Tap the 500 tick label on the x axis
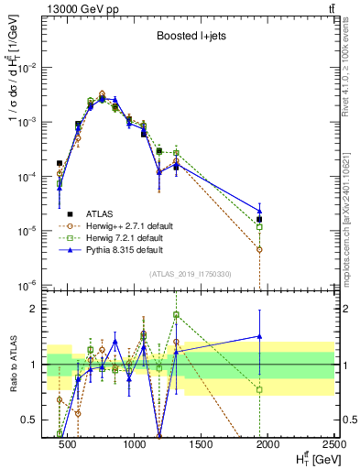[x=68, y=444]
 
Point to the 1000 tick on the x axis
[x=134, y=444]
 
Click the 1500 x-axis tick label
[x=201, y=444]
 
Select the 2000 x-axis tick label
[x=267, y=444]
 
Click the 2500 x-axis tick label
[x=333, y=444]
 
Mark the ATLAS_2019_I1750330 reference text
[x=191, y=274]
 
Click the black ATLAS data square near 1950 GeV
[x=260, y=220]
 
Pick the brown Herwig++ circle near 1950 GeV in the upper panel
[x=260, y=249]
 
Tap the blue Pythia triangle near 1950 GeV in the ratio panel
[x=260, y=336]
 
